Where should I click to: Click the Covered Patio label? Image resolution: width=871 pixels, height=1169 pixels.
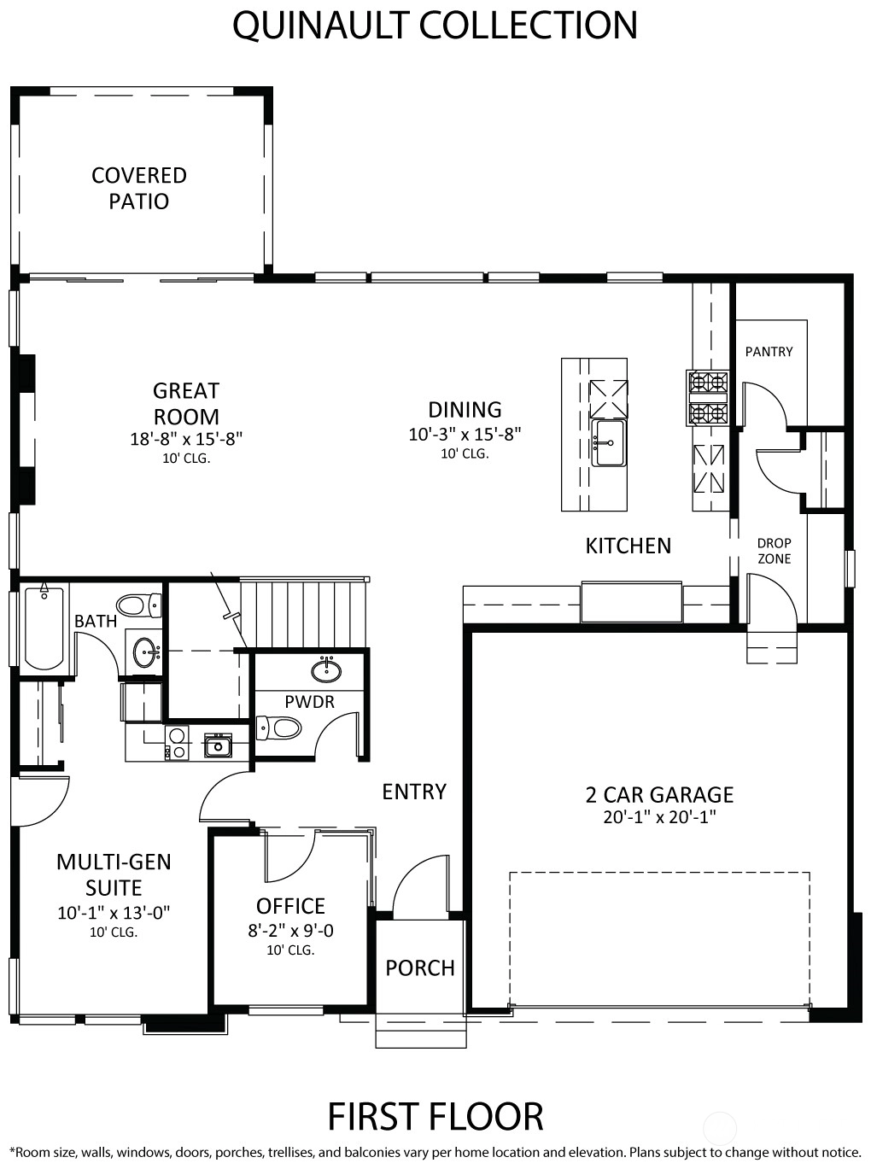tap(138, 188)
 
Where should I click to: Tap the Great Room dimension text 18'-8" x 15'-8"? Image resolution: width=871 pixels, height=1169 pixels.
tap(186, 439)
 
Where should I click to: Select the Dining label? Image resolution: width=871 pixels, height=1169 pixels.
tap(465, 410)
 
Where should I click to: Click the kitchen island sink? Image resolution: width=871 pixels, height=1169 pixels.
tap(609, 442)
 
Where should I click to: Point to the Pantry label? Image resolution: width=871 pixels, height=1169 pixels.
tap(769, 351)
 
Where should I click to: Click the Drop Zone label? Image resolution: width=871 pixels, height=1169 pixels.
tap(774, 551)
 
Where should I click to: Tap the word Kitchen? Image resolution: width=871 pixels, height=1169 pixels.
tap(628, 546)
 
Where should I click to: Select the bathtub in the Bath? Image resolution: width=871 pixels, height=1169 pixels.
tap(44, 628)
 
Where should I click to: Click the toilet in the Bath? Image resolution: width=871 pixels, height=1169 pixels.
tap(138, 605)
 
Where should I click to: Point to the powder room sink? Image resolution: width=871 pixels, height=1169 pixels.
tap(326, 669)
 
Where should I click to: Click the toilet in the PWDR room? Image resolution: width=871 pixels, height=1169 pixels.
tap(278, 728)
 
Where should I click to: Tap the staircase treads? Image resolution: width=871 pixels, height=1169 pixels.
tap(304, 613)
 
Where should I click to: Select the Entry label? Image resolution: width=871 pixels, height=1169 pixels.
tap(414, 792)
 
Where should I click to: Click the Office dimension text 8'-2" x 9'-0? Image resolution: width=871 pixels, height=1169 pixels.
tap(290, 931)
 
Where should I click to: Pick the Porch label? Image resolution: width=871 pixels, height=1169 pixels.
tap(419, 967)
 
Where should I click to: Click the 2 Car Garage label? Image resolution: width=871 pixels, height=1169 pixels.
tap(659, 795)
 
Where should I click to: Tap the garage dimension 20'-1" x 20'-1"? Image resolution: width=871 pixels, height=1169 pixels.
tap(659, 817)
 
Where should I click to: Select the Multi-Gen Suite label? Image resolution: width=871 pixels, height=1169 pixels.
tap(114, 875)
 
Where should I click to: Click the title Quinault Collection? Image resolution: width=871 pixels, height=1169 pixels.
tap(435, 25)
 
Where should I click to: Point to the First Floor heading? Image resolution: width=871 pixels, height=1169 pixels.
tap(435, 1116)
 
